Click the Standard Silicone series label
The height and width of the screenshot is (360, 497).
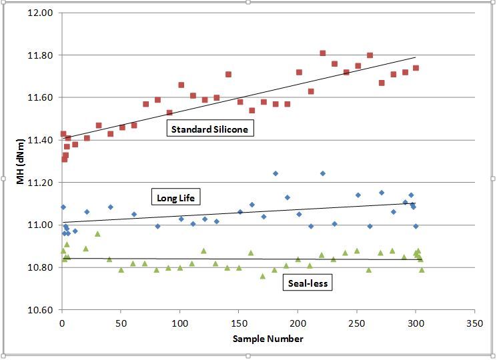tap(210, 129)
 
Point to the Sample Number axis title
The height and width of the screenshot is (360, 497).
tap(268, 339)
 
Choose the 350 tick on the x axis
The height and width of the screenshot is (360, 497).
tap(474, 322)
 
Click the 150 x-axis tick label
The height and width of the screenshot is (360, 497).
tap(239, 322)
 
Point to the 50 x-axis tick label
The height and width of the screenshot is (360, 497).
tap(121, 322)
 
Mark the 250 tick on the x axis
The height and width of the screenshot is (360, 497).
tap(357, 322)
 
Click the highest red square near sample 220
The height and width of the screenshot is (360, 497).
tap(323, 53)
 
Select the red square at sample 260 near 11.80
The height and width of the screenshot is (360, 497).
tap(370, 55)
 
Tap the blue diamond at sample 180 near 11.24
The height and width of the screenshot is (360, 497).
tap(276, 173)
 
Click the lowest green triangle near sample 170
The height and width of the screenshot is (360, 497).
tap(263, 275)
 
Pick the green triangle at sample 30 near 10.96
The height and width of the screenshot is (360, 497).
tap(97, 234)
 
